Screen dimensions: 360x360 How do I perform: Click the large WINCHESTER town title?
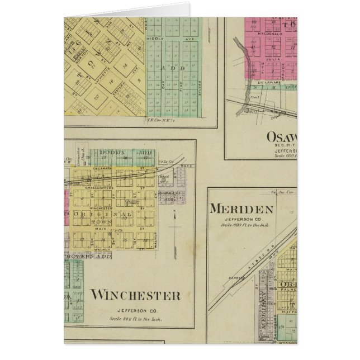[135, 295]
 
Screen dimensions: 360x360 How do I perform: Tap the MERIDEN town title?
[241, 210]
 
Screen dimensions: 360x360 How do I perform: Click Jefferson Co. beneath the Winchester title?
[135, 310]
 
